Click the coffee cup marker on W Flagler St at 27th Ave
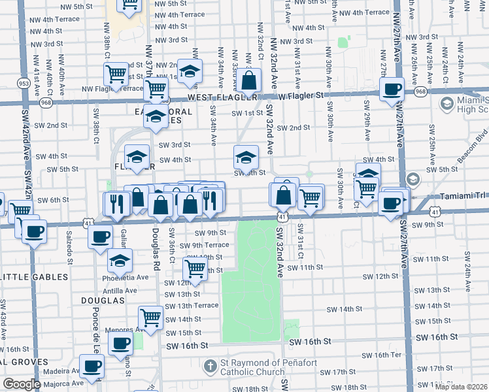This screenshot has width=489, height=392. tap(392, 89)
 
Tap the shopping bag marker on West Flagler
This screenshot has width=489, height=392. tap(249, 82)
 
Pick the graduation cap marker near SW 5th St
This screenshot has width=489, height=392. tap(246, 157)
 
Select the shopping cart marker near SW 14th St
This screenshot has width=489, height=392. tap(151, 318)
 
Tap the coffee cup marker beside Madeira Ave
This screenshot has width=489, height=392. tap(91, 366)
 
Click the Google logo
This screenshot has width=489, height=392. tap(22, 384)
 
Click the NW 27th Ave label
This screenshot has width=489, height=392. tap(396, 39)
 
